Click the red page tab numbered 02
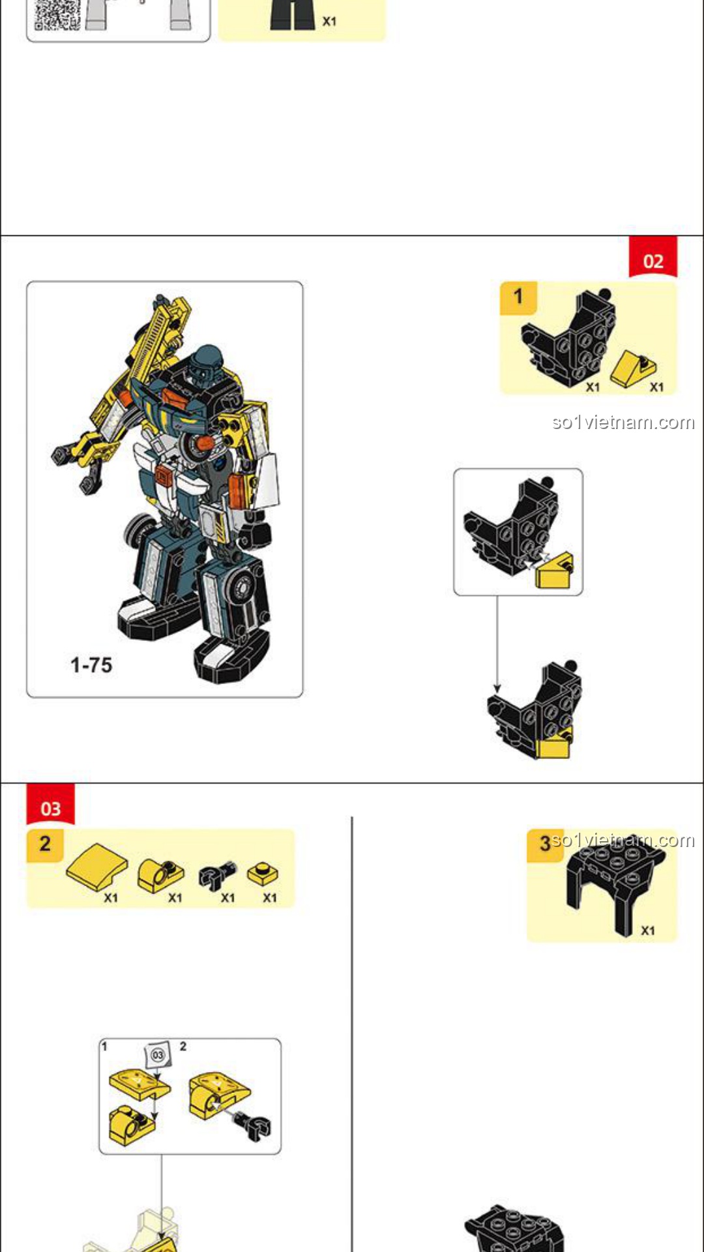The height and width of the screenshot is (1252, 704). [653, 258]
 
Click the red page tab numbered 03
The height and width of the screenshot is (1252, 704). [50, 805]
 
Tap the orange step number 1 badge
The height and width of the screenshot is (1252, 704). [518, 298]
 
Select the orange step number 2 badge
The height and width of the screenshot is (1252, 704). [45, 845]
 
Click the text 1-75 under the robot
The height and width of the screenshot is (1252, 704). [91, 665]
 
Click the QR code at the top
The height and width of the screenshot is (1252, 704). [57, 14]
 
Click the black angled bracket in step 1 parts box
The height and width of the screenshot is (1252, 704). [569, 338]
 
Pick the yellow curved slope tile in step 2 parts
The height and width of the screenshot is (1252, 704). [97, 867]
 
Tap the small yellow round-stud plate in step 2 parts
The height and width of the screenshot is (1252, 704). [263, 874]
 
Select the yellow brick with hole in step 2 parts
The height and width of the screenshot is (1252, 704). [160, 875]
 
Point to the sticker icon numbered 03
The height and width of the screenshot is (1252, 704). [158, 1054]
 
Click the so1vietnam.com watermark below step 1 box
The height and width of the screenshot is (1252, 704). [623, 423]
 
